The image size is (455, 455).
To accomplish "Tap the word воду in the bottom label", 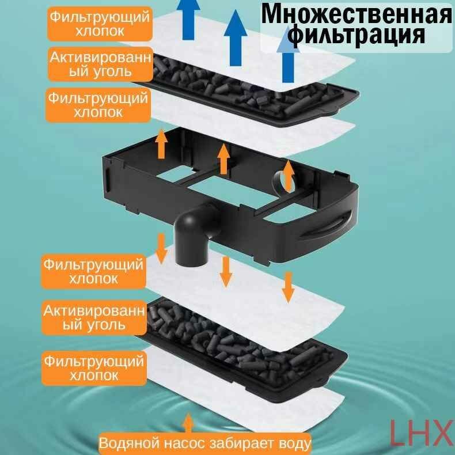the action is (294, 444).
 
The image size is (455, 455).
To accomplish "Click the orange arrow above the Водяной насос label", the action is (187, 422).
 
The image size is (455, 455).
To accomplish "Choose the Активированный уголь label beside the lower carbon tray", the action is (93, 317).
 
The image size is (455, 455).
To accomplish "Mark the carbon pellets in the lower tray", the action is (230, 340).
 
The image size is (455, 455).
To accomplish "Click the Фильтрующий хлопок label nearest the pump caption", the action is (94, 367).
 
